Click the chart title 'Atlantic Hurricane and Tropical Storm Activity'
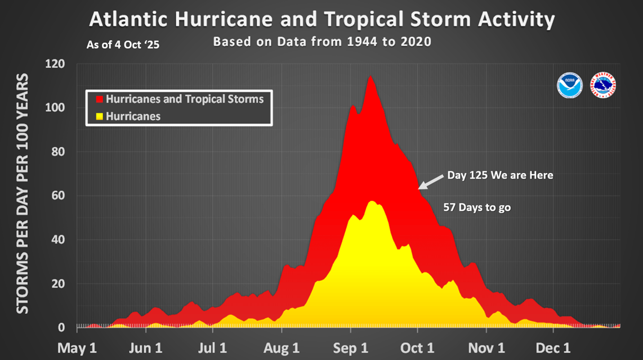(322, 19)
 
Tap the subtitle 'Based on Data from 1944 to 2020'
(322, 42)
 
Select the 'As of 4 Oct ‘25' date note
(123, 45)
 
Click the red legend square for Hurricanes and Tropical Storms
(99, 99)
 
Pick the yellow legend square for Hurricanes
(99, 116)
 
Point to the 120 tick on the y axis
(56, 65)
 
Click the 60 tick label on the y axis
(58, 196)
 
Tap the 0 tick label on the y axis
(62, 328)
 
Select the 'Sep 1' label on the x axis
(351, 349)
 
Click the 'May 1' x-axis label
(77, 349)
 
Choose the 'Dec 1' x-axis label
(553, 349)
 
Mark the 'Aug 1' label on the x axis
(282, 349)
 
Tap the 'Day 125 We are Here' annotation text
(500, 175)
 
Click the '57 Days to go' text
(477, 208)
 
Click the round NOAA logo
(570, 85)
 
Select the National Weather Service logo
(603, 85)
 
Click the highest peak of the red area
(370, 77)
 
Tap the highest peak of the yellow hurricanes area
(372, 202)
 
